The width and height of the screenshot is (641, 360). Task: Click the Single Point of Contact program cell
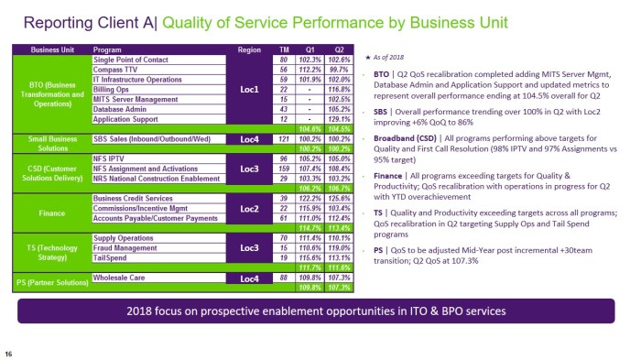pyautogui.click(x=131, y=59)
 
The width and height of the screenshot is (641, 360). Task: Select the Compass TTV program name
pyautogui.click(x=117, y=69)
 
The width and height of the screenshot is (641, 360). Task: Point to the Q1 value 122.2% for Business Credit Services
pyautogui.click(x=313, y=199)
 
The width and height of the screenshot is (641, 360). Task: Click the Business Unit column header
pyautogui.click(x=50, y=49)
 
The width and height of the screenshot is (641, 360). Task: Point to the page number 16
pyautogui.click(x=8, y=353)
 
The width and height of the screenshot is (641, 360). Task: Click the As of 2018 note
pyautogui.click(x=388, y=57)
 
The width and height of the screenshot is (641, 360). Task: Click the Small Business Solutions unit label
pyautogui.click(x=46, y=144)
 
